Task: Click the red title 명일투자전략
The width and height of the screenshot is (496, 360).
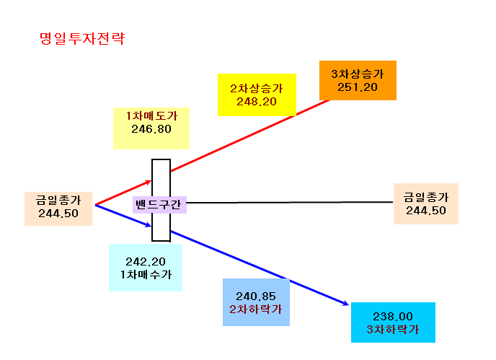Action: pyautogui.click(x=82, y=39)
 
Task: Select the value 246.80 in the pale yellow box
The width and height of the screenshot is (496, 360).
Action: pyautogui.click(x=151, y=129)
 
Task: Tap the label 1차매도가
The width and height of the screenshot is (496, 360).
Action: pyautogui.click(x=151, y=116)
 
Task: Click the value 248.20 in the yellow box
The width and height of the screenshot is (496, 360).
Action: pyautogui.click(x=257, y=102)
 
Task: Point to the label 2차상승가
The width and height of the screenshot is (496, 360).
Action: pyautogui.click(x=257, y=88)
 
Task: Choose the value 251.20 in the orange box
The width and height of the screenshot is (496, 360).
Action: pyautogui.click(x=358, y=87)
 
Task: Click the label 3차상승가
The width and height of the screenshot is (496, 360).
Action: pyautogui.click(x=358, y=74)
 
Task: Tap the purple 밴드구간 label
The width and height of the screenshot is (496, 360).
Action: pyautogui.click(x=158, y=205)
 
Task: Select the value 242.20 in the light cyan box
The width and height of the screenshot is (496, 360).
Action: pyautogui.click(x=146, y=262)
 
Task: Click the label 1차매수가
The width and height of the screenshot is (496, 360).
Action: pyautogui.click(x=146, y=275)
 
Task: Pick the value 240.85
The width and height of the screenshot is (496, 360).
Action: pyautogui.click(x=256, y=297)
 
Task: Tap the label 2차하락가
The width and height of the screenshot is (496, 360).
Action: pyautogui.click(x=256, y=309)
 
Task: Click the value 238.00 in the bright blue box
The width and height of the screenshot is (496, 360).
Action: pyautogui.click(x=393, y=317)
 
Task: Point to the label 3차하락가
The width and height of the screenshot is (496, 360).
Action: pyautogui.click(x=393, y=330)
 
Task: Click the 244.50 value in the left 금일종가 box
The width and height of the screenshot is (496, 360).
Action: pyautogui.click(x=58, y=214)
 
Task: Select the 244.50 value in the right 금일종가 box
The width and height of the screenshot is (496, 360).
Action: pyautogui.click(x=426, y=211)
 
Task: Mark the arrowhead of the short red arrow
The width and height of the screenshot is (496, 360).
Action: pyautogui.click(x=149, y=182)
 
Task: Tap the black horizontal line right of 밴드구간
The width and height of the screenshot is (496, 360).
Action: pyautogui.click(x=289, y=202)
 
